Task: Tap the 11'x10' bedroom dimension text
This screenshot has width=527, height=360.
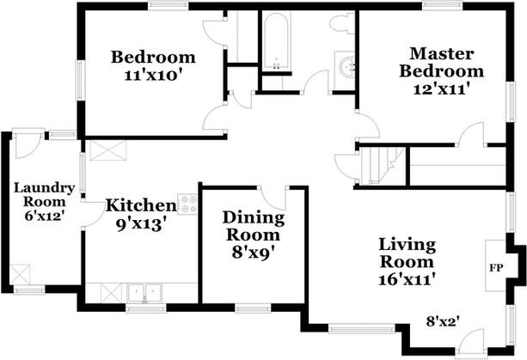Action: tap(153, 75)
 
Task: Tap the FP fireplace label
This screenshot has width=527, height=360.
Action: tap(495, 267)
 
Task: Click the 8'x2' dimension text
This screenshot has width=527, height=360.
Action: tap(443, 320)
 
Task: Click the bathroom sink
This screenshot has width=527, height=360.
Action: tap(346, 66)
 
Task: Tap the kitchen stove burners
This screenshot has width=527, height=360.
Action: tap(187, 204)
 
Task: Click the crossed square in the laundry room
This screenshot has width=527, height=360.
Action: tap(21, 274)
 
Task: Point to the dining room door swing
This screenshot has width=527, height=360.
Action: tap(277, 196)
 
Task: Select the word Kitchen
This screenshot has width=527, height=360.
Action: tap(141, 206)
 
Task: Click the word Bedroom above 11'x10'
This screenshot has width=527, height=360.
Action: tap(154, 58)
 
